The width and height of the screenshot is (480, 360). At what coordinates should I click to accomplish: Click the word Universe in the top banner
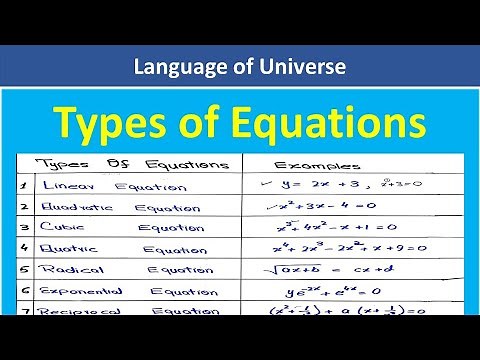click(299, 67)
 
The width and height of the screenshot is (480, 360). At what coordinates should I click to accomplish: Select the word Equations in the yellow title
click(314, 124)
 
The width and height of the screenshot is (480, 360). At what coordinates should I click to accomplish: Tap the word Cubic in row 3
click(62, 228)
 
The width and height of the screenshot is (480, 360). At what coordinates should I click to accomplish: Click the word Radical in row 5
click(68, 270)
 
